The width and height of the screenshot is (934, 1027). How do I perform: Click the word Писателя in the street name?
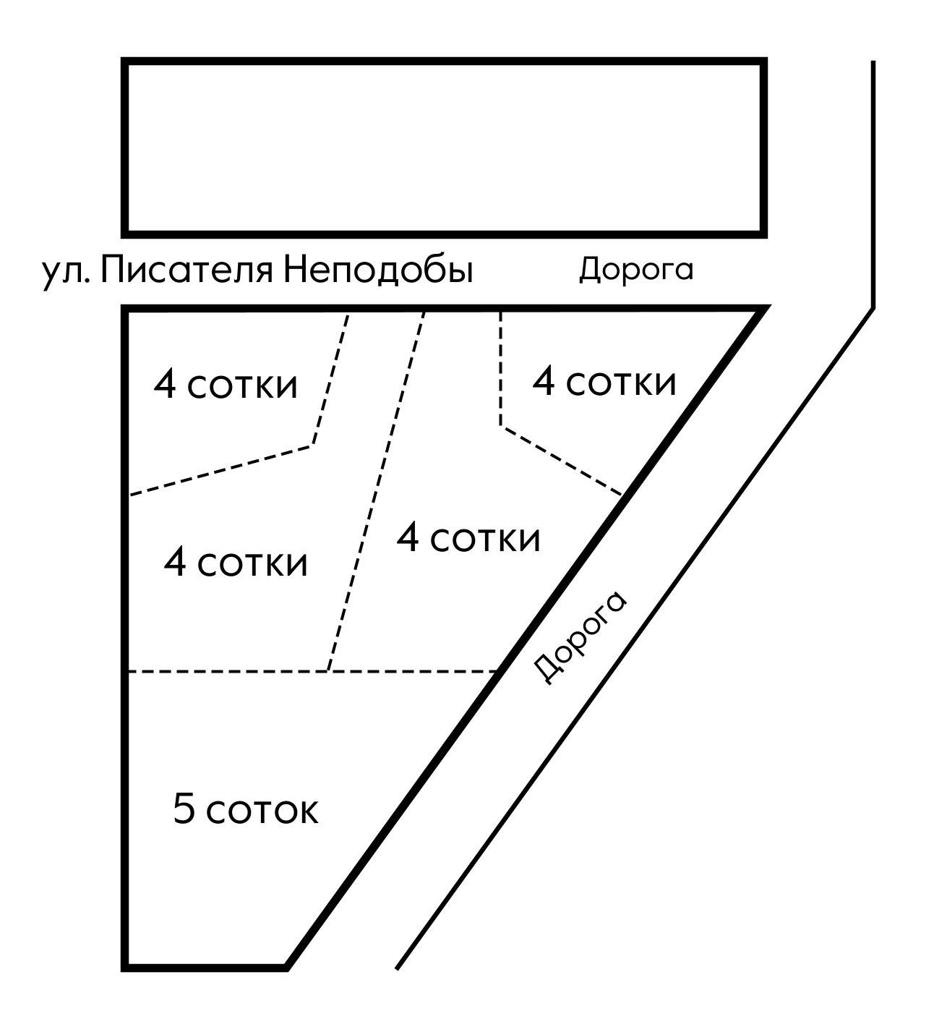coord(187,270)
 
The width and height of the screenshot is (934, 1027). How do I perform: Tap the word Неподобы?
coord(377,270)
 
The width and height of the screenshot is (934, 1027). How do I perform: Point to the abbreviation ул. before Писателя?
coord(66,272)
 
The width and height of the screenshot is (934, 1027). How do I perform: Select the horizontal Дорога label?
coord(635,269)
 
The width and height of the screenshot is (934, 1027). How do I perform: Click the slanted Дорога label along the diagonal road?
coord(580,637)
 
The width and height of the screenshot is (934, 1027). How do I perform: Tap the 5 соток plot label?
coord(245,809)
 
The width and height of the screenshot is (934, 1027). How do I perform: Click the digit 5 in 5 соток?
coord(184,809)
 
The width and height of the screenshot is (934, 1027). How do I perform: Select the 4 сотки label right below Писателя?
coord(225,384)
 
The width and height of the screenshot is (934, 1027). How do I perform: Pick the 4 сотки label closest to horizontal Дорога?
coord(604,381)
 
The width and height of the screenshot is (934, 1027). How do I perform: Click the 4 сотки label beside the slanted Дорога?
coord(468,538)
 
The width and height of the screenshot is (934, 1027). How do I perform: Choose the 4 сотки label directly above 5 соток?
coord(236,562)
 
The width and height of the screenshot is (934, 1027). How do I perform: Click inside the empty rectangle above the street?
coord(444,148)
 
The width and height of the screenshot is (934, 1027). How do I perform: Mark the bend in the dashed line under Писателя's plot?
coord(312,445)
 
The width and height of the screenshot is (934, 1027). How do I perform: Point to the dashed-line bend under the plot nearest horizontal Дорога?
coord(501,426)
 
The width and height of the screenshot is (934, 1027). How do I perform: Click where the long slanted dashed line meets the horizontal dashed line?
coord(329,671)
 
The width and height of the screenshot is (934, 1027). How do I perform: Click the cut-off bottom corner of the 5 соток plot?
coord(286,966)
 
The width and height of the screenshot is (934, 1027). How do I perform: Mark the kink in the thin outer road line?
coord(873,308)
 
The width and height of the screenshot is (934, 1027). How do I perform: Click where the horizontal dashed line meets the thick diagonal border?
coord(500,671)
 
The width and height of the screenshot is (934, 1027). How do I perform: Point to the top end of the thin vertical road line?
coord(873,62)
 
